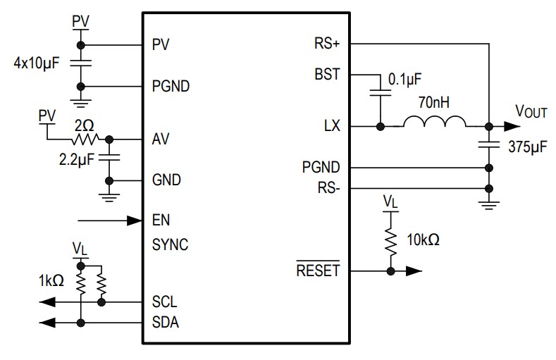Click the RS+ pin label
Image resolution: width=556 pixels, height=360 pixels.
pos(327,44)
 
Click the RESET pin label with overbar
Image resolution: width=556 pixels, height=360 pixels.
pos(317,271)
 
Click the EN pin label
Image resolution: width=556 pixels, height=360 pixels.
pos(161,221)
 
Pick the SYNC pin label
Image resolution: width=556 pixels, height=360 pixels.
pos(170,245)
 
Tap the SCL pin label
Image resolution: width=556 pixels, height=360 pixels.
pos(164,302)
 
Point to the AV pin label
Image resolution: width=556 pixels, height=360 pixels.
pos(161,139)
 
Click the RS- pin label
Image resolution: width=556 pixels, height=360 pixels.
pos(328,188)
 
